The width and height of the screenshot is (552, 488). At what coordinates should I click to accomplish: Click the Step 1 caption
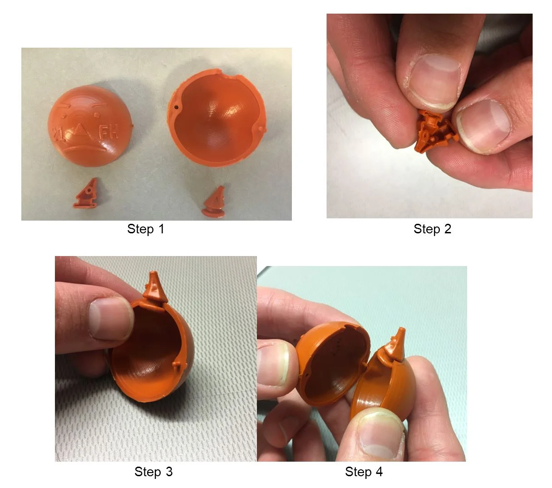[146, 229]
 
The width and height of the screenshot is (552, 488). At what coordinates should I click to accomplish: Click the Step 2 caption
[432, 229]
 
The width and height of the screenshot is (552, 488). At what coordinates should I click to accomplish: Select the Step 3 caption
[153, 472]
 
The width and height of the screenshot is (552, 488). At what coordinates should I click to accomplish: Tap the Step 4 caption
[364, 472]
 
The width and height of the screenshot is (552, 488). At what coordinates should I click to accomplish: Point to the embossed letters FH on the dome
[108, 133]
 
